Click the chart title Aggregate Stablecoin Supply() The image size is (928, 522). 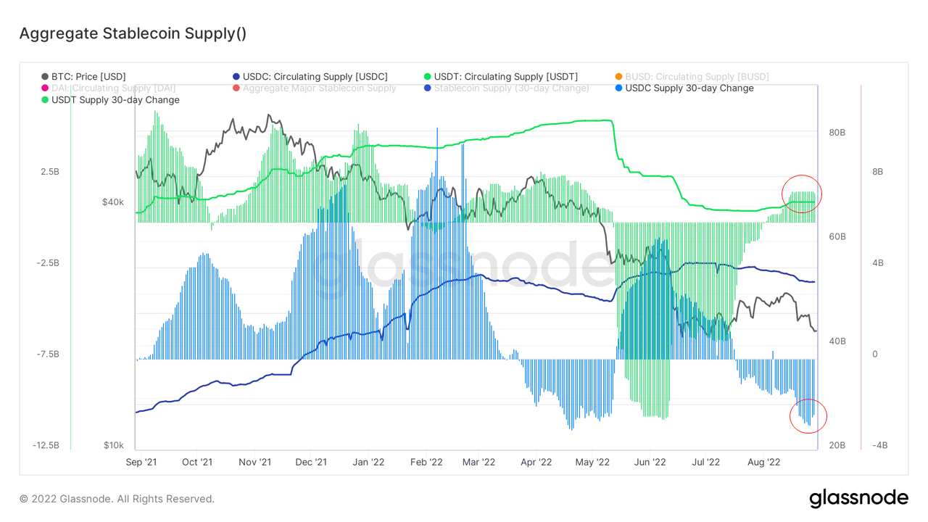(133, 33)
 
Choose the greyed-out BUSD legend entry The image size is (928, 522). (691, 76)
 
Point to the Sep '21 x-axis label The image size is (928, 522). (141, 462)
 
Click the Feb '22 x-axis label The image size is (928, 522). (426, 462)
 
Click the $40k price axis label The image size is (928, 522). (112, 202)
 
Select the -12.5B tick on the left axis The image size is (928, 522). (47, 445)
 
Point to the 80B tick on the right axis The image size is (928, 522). (837, 133)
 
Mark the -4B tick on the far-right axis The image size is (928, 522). (877, 445)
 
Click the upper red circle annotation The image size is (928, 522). (801, 194)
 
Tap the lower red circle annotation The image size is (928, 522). (808, 415)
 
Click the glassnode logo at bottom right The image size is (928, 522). (858, 498)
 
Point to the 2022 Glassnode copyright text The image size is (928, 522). (117, 499)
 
